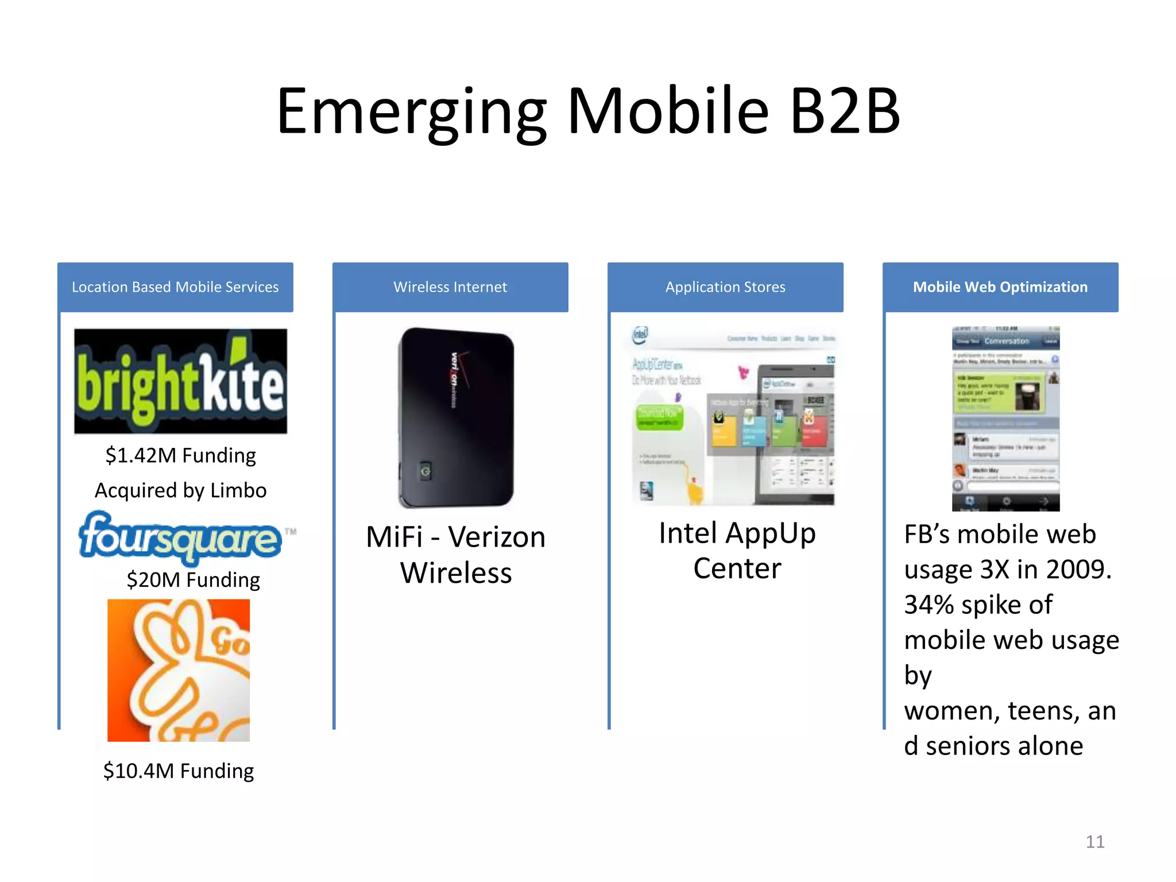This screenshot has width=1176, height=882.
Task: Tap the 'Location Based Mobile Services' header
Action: (x=175, y=287)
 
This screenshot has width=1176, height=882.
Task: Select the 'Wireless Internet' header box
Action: (x=450, y=287)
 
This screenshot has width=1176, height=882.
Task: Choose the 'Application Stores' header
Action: (x=725, y=287)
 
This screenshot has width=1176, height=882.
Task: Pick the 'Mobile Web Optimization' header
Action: (x=1000, y=287)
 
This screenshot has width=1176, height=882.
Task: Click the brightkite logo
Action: (x=180, y=381)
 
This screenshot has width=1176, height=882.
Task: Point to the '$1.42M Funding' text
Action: (x=180, y=455)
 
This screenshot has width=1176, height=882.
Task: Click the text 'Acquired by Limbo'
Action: (x=180, y=490)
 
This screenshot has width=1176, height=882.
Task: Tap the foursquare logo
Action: (x=180, y=537)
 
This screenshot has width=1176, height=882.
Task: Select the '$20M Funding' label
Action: (x=193, y=580)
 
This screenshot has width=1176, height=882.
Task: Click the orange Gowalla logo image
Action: (x=179, y=670)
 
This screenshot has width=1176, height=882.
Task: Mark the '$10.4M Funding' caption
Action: (x=179, y=771)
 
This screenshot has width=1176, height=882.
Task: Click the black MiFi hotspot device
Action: (x=456, y=417)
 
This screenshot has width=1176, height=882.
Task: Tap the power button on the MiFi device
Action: (x=425, y=471)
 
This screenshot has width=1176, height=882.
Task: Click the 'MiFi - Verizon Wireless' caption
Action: (x=456, y=555)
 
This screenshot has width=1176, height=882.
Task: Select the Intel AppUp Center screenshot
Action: (x=733, y=416)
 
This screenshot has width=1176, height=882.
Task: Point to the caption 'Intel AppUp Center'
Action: (x=737, y=551)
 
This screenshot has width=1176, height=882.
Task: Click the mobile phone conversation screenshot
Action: (x=1005, y=419)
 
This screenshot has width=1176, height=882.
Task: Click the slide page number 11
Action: (x=1094, y=842)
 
